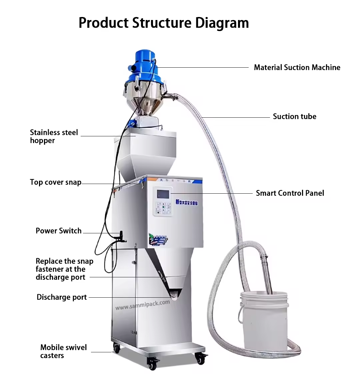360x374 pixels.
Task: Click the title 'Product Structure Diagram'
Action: (x=163, y=23)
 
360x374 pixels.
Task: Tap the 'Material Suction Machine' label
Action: (x=297, y=67)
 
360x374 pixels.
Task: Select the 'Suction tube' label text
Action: (x=294, y=116)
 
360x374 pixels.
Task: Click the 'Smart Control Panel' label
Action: (x=290, y=193)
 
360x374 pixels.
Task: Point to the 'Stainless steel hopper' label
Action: (x=54, y=136)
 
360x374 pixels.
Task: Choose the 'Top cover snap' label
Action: (x=55, y=182)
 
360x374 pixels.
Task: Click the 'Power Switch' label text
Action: (x=58, y=231)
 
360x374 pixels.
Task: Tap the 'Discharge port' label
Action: (x=61, y=297)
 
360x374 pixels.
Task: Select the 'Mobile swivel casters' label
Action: (x=59, y=351)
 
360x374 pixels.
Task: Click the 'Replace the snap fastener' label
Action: (x=64, y=269)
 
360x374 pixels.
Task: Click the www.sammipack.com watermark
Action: (x=143, y=305)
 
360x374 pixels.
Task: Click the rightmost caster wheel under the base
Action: (x=200, y=358)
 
